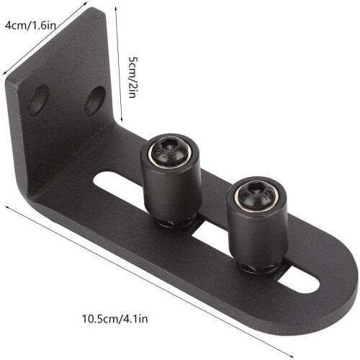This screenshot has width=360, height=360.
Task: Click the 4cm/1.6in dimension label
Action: pos(30,25)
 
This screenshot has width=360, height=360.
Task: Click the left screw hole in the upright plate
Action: pos(37,101)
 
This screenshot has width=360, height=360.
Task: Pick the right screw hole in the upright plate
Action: pos(94,102)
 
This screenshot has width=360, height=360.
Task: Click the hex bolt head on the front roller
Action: pos(256,195)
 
